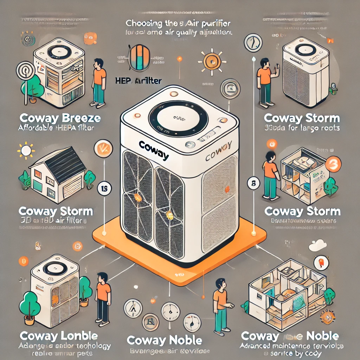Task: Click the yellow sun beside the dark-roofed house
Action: (26, 150)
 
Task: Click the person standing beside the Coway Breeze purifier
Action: (99, 83)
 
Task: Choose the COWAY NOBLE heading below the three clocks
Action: (164, 340)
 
